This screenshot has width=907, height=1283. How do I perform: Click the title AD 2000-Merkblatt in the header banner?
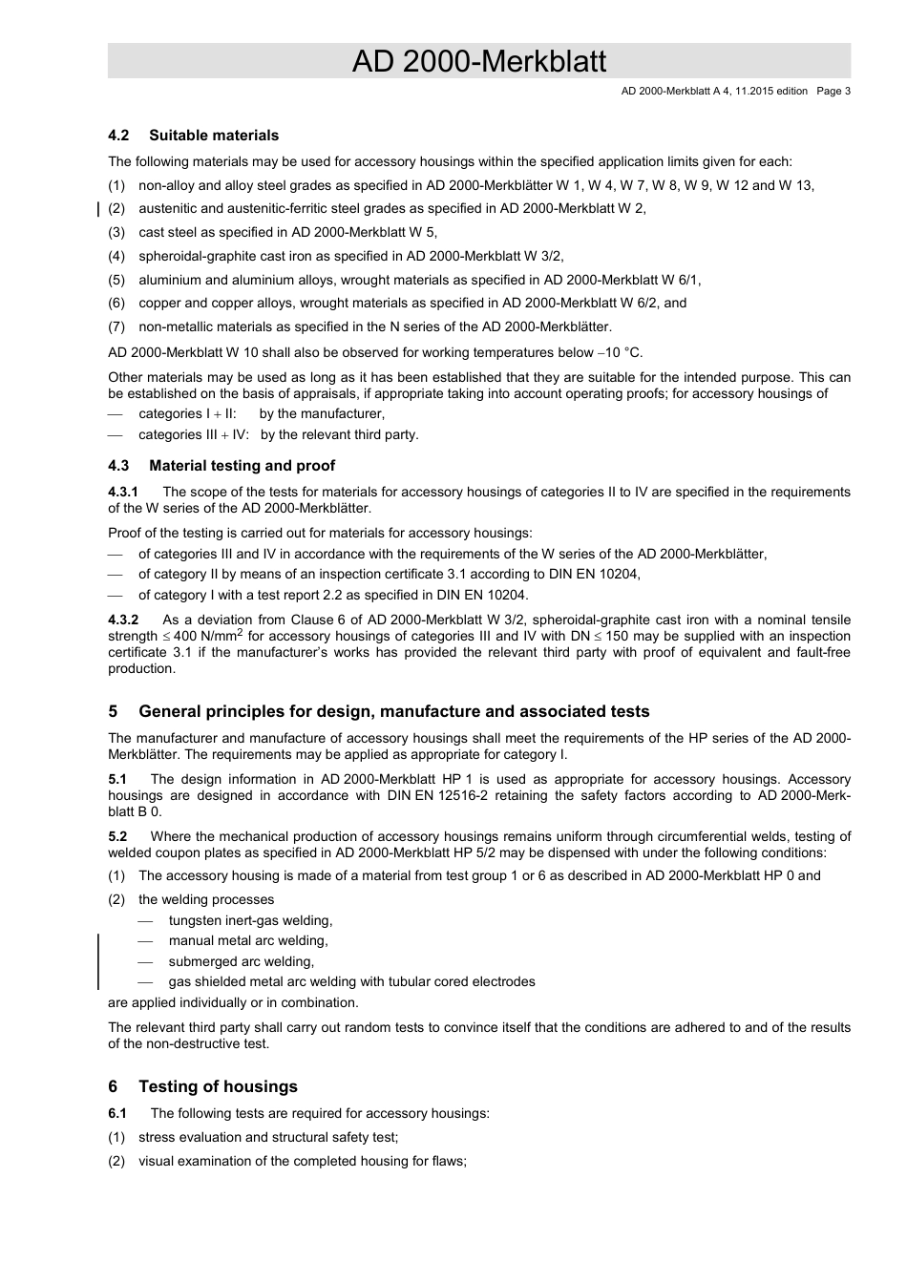478,61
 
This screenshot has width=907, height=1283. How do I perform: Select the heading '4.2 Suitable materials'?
194,136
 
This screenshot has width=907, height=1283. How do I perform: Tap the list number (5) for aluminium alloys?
116,280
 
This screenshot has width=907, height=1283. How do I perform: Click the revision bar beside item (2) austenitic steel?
100,209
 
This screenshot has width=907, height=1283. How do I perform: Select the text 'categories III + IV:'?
193,434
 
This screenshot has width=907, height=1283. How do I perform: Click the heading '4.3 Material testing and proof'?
221,466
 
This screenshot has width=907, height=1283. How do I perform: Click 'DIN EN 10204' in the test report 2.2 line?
483,595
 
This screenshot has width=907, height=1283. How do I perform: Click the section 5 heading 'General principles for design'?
393,711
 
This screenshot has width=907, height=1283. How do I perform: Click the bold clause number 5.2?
117,836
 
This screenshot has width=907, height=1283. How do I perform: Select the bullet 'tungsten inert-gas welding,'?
250,921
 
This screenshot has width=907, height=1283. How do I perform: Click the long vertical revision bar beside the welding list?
100,961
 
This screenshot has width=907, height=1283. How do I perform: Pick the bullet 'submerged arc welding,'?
241,962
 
